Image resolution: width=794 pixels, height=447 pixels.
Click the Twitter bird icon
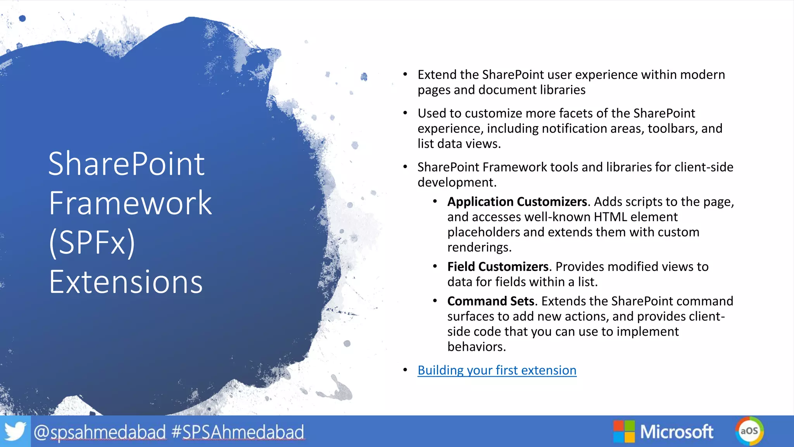[x=15, y=431]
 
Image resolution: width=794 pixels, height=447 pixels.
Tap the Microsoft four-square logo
[x=624, y=431]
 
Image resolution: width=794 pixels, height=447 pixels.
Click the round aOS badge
[x=749, y=431]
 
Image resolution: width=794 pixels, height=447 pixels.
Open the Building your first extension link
[x=497, y=370]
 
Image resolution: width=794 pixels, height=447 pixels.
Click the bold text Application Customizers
[x=517, y=202]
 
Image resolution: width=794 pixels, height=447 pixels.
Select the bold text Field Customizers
[x=498, y=267]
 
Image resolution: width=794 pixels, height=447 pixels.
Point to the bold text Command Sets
[x=490, y=301]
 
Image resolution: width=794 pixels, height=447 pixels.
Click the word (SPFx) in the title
[x=92, y=243]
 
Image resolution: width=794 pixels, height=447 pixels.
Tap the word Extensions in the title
[x=126, y=282]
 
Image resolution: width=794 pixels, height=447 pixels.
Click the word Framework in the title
[x=130, y=203]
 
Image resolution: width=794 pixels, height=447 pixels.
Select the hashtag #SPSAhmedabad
[x=238, y=432]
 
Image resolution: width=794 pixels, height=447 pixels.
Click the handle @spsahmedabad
[x=100, y=432]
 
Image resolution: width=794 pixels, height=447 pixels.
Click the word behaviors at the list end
[x=476, y=347]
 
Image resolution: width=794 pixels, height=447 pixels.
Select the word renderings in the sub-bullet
[x=479, y=247]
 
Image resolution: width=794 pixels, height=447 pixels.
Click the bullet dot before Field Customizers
[x=435, y=267]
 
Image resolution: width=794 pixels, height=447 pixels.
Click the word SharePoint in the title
[x=126, y=164]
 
